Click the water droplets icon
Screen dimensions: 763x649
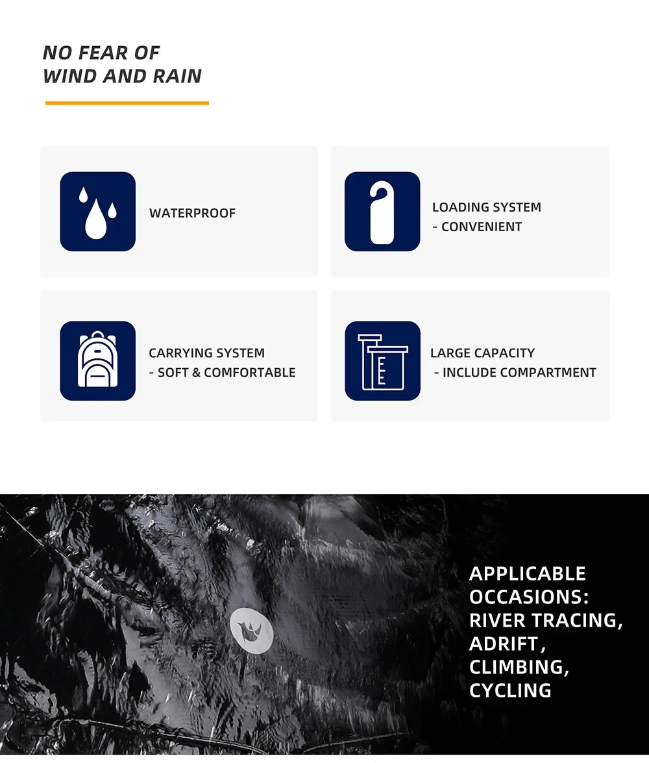97,212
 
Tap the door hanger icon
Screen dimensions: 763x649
382,212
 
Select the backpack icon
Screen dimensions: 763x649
97,360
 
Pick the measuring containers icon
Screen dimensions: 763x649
382,360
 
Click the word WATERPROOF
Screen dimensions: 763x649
192,213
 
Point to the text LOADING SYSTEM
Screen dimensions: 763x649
486,207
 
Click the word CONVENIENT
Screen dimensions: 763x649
481,227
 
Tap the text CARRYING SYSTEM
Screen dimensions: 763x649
206,353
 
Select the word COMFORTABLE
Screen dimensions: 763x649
249,373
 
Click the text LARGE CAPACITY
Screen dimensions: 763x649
482,353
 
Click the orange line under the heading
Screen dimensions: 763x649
127,103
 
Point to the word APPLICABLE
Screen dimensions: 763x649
527,573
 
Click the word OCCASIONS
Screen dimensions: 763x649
524,597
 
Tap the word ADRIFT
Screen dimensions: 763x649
504,644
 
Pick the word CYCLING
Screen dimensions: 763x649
510,690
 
